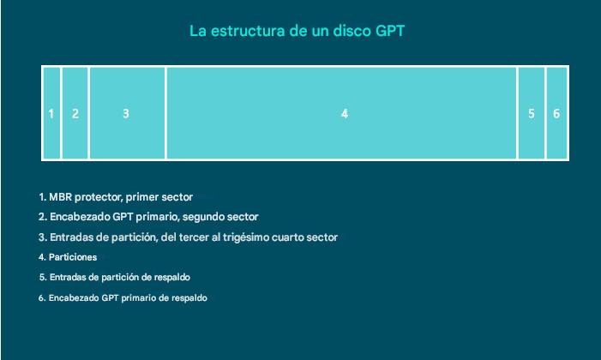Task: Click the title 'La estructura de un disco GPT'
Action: [x=297, y=32]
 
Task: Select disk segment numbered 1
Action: [x=51, y=113]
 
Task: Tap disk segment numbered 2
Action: [x=75, y=113]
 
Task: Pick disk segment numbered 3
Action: [x=126, y=113]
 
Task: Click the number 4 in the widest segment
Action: [x=344, y=113]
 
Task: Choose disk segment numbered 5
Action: [x=532, y=113]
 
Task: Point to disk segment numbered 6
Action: [x=556, y=113]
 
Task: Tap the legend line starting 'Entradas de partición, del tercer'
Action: [x=188, y=237]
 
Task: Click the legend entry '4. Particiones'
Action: [x=69, y=257]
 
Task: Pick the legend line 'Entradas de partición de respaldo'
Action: [x=114, y=278]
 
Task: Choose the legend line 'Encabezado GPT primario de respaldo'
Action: [x=123, y=298]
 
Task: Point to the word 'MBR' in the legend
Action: [x=61, y=197]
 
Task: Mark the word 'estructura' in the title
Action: [x=246, y=32]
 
